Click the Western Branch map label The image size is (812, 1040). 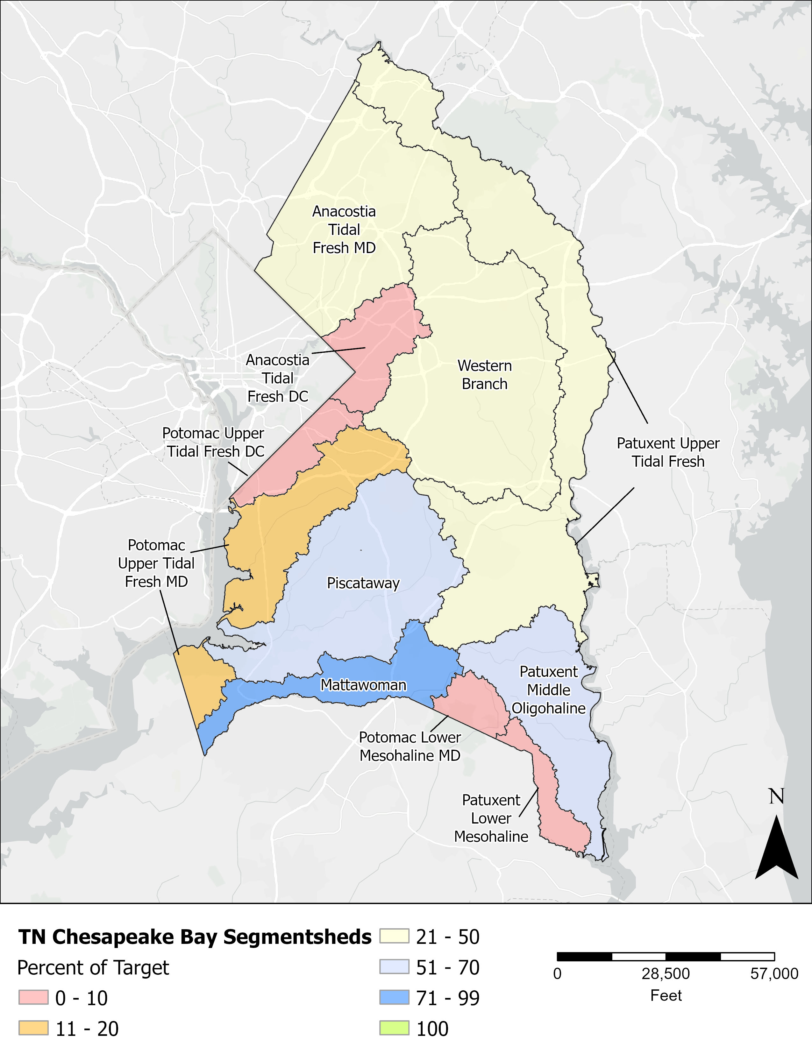[x=484, y=375]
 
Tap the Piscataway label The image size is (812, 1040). [x=363, y=583]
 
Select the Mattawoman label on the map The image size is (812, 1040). [x=363, y=685]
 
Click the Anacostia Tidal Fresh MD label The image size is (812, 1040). [x=344, y=230]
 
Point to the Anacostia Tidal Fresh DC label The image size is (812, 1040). [x=278, y=378]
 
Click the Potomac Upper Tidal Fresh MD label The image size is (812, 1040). [x=156, y=563]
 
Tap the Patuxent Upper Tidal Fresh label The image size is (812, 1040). [x=668, y=452]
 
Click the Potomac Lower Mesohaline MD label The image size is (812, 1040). [x=410, y=746]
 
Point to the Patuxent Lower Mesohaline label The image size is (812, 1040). [x=491, y=818]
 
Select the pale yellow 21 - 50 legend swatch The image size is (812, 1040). [x=394, y=936]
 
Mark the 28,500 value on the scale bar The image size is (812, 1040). [x=665, y=974]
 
